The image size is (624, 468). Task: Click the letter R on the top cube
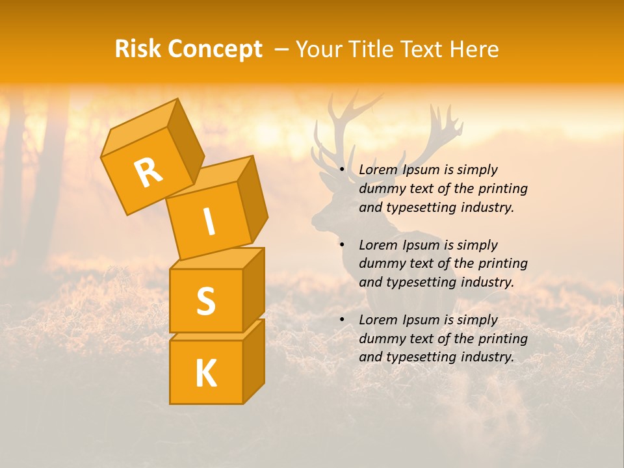click(148, 172)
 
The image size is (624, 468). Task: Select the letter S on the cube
click(205, 301)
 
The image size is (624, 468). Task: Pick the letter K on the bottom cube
click(205, 373)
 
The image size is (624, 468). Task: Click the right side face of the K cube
click(253, 361)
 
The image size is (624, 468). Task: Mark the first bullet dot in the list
click(341, 170)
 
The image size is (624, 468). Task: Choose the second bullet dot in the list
click(341, 245)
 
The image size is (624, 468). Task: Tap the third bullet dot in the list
click(341, 320)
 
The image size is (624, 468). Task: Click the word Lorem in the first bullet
click(378, 170)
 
